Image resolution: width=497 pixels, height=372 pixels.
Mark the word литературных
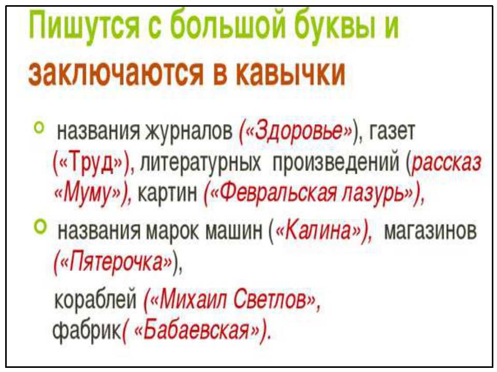200,163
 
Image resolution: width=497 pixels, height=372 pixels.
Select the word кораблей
95,299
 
